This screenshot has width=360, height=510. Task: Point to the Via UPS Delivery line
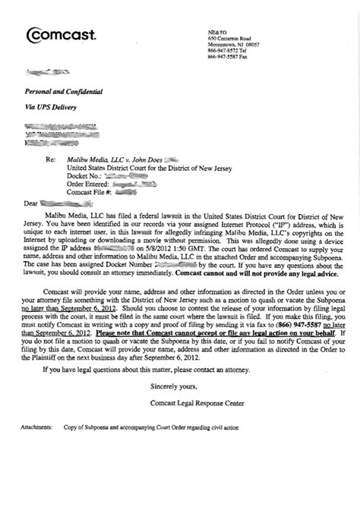[x=49, y=107]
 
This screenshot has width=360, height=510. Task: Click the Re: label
[x=52, y=160]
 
